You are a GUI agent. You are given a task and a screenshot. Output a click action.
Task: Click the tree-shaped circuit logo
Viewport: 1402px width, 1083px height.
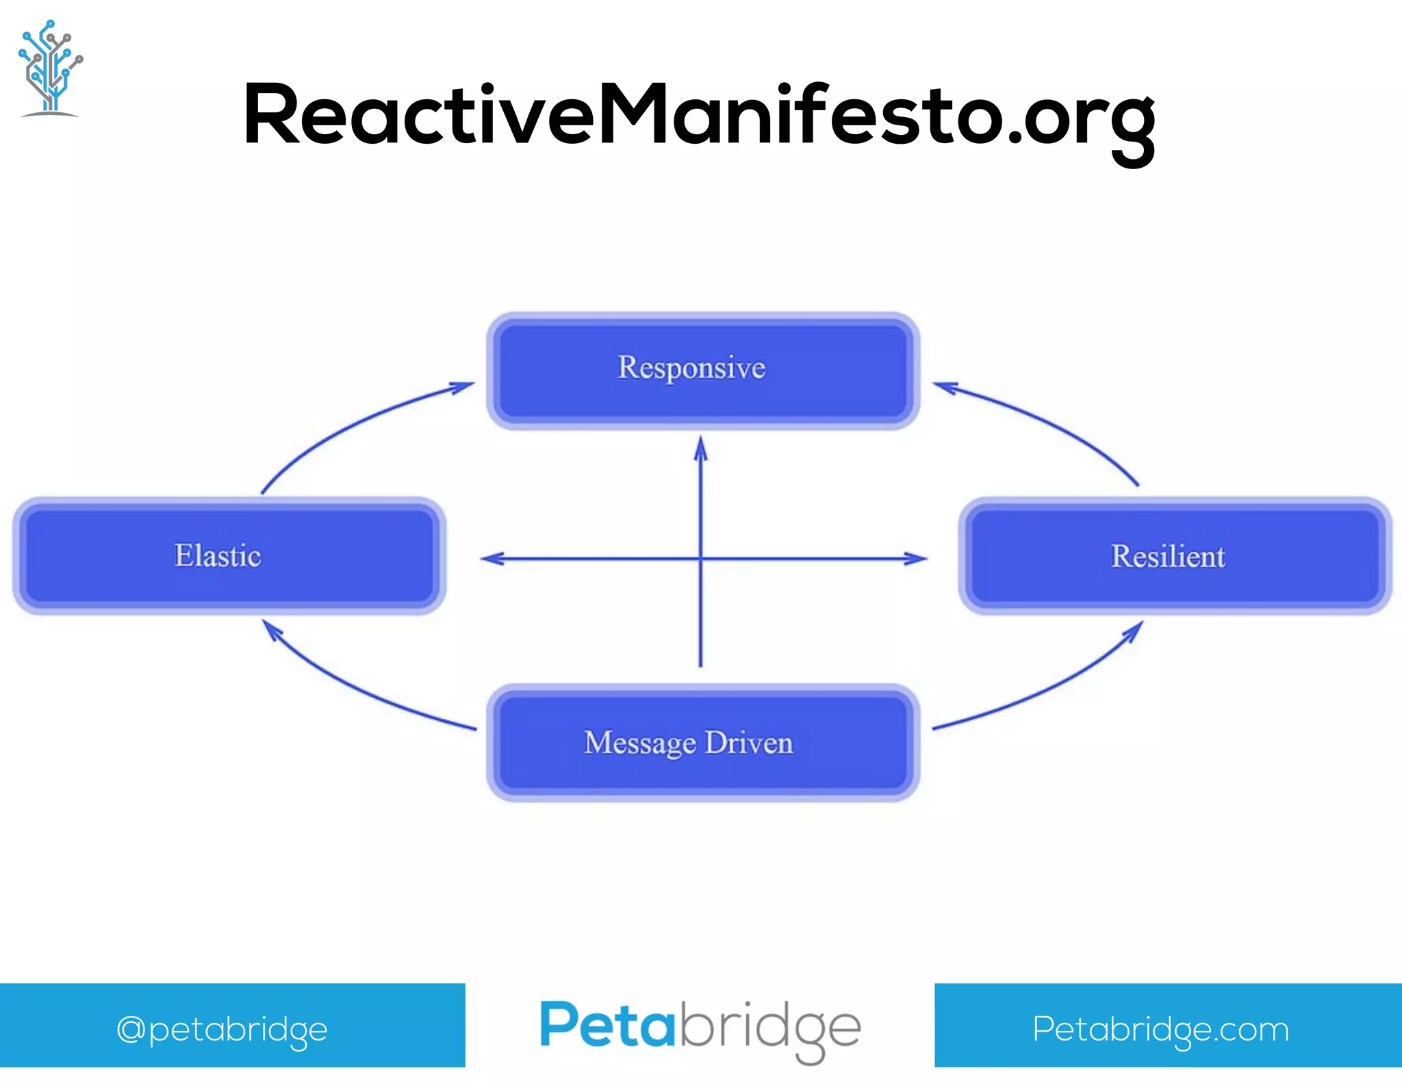(49, 68)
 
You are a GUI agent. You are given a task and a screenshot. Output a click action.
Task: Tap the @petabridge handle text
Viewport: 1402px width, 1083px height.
(222, 1029)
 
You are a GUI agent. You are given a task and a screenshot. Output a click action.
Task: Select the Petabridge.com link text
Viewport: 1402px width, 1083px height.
(1161, 1029)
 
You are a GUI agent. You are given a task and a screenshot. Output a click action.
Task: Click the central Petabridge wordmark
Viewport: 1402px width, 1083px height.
(700, 1027)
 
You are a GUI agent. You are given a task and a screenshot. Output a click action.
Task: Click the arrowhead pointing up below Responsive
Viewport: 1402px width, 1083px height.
(700, 448)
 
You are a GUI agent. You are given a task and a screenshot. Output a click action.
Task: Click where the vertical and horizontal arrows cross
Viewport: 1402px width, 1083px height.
(700, 559)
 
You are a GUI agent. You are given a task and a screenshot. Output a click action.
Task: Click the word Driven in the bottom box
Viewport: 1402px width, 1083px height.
(749, 743)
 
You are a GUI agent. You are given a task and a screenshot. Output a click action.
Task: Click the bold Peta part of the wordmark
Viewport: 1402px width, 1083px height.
(607, 1025)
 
